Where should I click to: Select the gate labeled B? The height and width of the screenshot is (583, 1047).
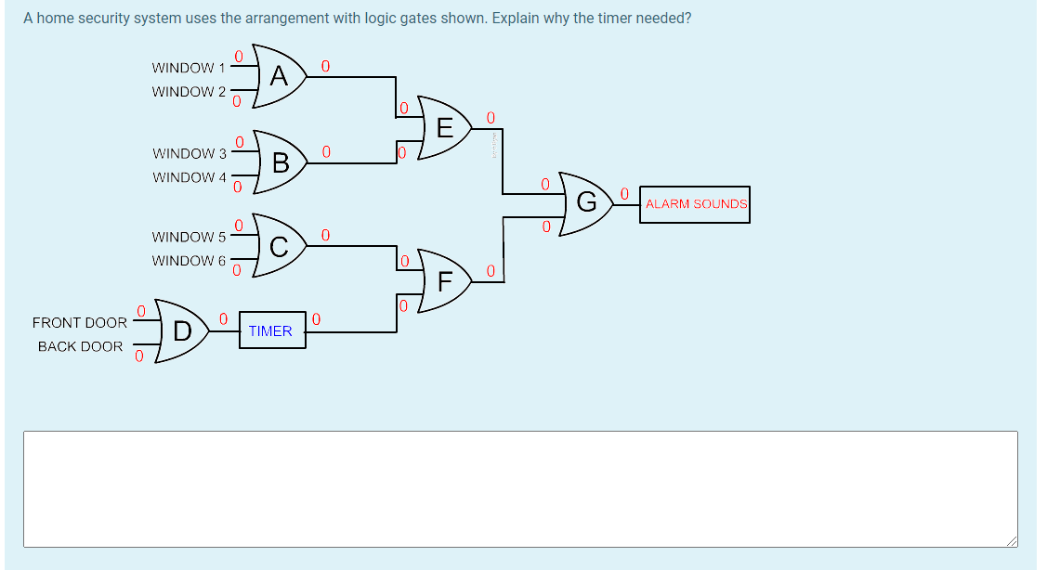tap(280, 162)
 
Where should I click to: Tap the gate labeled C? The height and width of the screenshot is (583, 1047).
tap(280, 246)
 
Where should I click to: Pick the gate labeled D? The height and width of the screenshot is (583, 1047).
tap(182, 330)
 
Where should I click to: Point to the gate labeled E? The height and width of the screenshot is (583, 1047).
tap(445, 127)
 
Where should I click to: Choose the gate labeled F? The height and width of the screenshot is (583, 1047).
tap(445, 279)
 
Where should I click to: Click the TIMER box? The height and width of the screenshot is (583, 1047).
tap(271, 330)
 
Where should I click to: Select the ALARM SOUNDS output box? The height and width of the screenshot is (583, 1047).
tap(696, 204)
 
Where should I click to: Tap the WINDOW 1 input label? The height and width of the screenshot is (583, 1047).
tap(189, 68)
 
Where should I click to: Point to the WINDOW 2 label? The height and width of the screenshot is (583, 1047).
tap(189, 92)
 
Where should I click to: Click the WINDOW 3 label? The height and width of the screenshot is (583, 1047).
tap(189, 153)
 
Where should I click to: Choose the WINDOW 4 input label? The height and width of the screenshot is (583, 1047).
tap(189, 177)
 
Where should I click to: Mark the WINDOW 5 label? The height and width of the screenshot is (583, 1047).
tap(189, 237)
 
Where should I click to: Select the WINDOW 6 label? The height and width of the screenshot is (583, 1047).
tap(189, 261)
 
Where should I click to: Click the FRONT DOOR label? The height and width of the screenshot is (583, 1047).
tap(80, 323)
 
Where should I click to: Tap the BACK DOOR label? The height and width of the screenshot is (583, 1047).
tap(80, 346)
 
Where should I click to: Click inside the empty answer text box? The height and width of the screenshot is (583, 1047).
tap(520, 488)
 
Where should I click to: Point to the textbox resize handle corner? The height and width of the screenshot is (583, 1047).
tap(1012, 542)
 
